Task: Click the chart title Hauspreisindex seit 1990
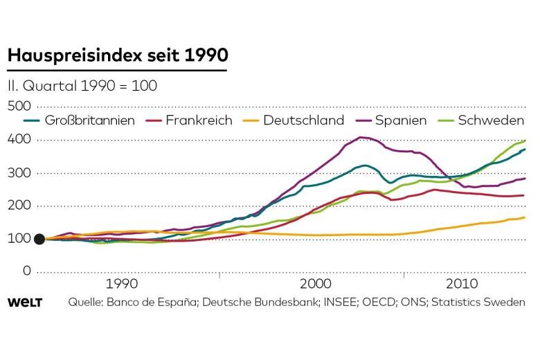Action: point(117,55)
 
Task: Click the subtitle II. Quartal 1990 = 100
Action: point(82,87)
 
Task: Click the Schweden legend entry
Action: point(489,120)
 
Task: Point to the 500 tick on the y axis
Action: point(20,106)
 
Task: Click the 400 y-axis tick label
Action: point(20,139)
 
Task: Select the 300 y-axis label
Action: point(20,172)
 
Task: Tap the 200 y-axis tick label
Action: point(20,205)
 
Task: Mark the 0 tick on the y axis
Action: point(27,271)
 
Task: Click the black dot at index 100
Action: point(39,239)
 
